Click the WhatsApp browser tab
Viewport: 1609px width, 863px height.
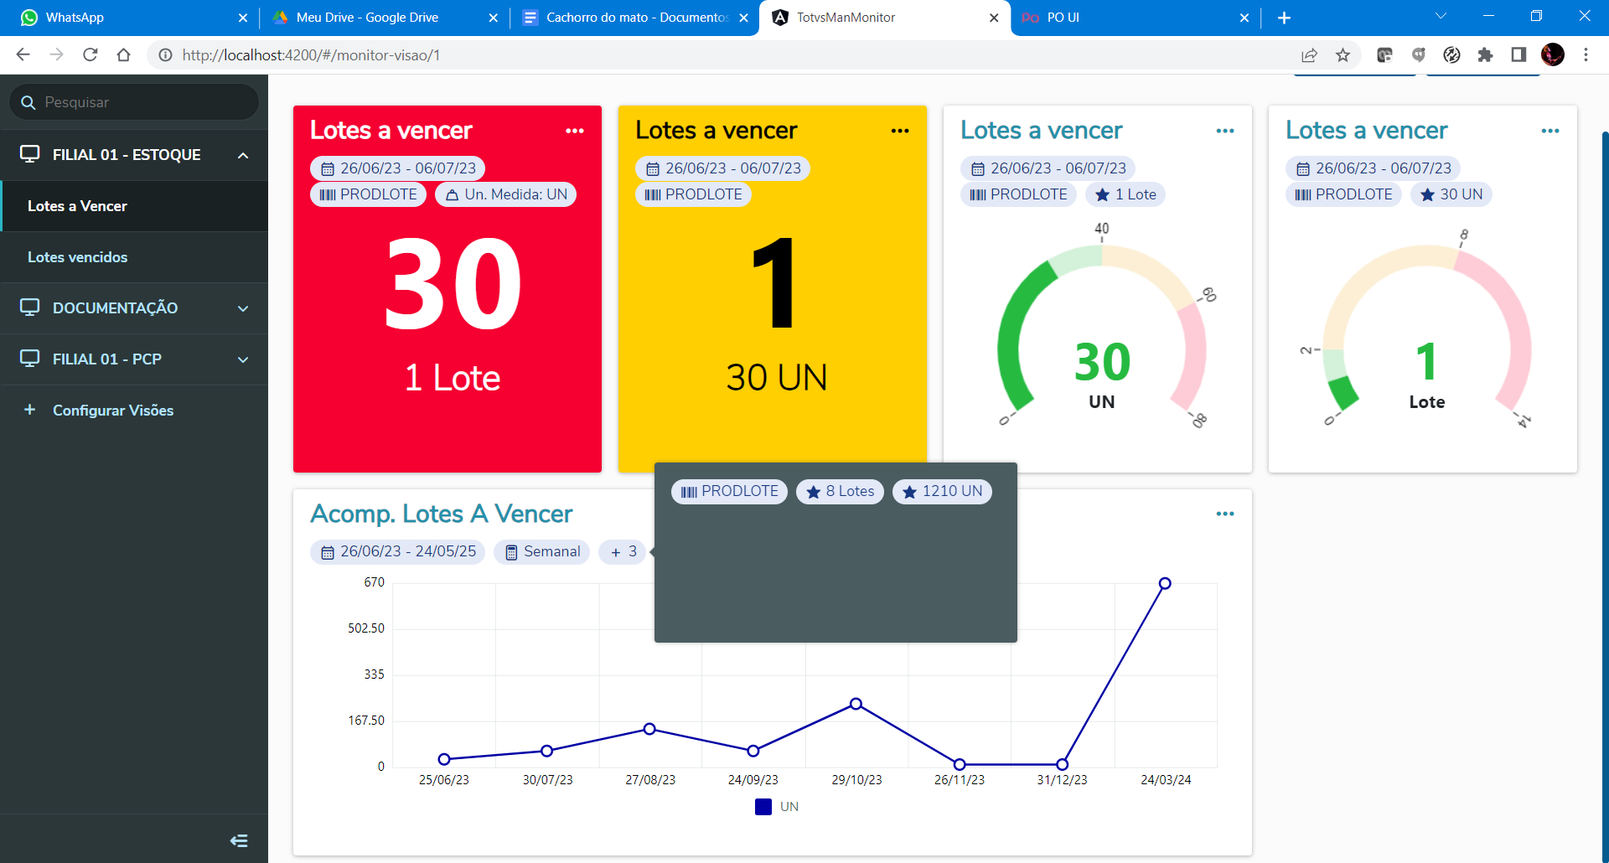pyautogui.click(x=126, y=18)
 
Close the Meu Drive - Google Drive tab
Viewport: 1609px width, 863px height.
pyautogui.click(x=493, y=18)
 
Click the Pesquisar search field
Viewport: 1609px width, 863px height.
pyautogui.click(x=142, y=102)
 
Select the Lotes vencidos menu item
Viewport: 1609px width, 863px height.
pyautogui.click(x=78, y=257)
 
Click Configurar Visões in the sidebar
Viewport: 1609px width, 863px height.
pyautogui.click(x=112, y=411)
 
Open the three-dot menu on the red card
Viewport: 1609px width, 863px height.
pyautogui.click(x=575, y=131)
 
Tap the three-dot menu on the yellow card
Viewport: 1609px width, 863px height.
pyautogui.click(x=900, y=131)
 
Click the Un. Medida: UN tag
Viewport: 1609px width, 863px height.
pyautogui.click(x=506, y=194)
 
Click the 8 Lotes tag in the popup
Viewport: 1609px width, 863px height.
pyautogui.click(x=840, y=492)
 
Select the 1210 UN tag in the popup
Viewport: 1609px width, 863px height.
pyautogui.click(x=942, y=492)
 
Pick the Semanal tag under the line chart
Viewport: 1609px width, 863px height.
pyautogui.click(x=542, y=552)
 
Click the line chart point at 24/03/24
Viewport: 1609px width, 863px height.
pyautogui.click(x=1165, y=583)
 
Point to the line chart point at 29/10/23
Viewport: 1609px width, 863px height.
pyautogui.click(x=856, y=704)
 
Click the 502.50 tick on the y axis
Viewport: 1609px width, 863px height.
pyautogui.click(x=366, y=628)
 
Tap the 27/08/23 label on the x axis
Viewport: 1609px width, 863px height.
pyautogui.click(x=650, y=780)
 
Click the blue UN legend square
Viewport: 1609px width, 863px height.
pyautogui.click(x=763, y=807)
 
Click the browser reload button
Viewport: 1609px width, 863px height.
pyautogui.click(x=91, y=55)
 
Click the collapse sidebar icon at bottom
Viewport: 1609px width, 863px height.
pyautogui.click(x=239, y=840)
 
